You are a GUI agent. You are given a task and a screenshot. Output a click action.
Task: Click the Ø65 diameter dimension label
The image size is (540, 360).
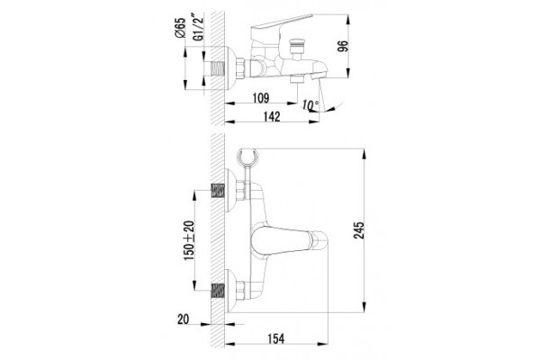point(180,28)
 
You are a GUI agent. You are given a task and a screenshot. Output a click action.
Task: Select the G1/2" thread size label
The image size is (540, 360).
point(198,28)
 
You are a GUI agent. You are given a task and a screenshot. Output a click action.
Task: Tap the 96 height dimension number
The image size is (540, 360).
point(343,46)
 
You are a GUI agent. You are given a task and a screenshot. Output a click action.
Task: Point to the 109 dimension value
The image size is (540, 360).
point(261,98)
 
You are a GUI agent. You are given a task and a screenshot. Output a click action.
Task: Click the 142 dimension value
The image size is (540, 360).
point(272,116)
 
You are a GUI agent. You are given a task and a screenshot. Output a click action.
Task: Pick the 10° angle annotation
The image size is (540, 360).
point(310,104)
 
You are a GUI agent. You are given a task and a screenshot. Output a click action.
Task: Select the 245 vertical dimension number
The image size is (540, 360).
point(358,230)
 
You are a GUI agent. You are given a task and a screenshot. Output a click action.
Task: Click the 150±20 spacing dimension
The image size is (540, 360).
point(189,240)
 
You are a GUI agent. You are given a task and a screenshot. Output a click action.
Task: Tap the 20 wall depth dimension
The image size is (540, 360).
point(184,319)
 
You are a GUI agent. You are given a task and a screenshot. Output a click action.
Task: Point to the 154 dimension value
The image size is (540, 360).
point(276,338)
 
